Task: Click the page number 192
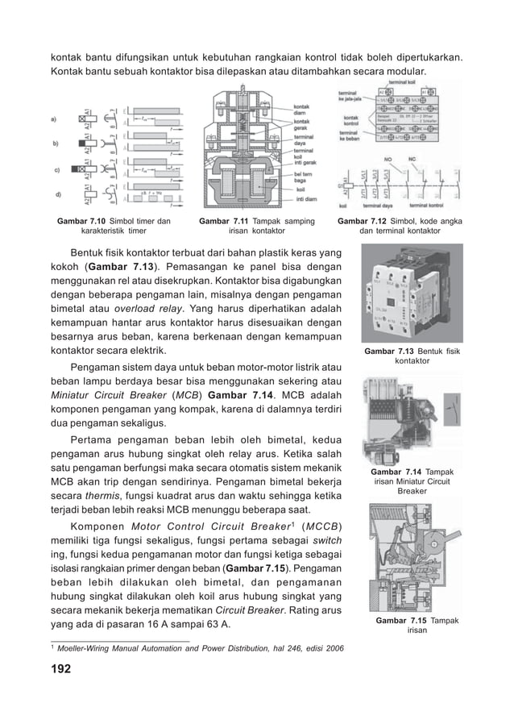click(x=60, y=669)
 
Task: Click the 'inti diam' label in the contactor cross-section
click(x=307, y=199)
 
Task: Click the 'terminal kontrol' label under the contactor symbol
click(x=436, y=206)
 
